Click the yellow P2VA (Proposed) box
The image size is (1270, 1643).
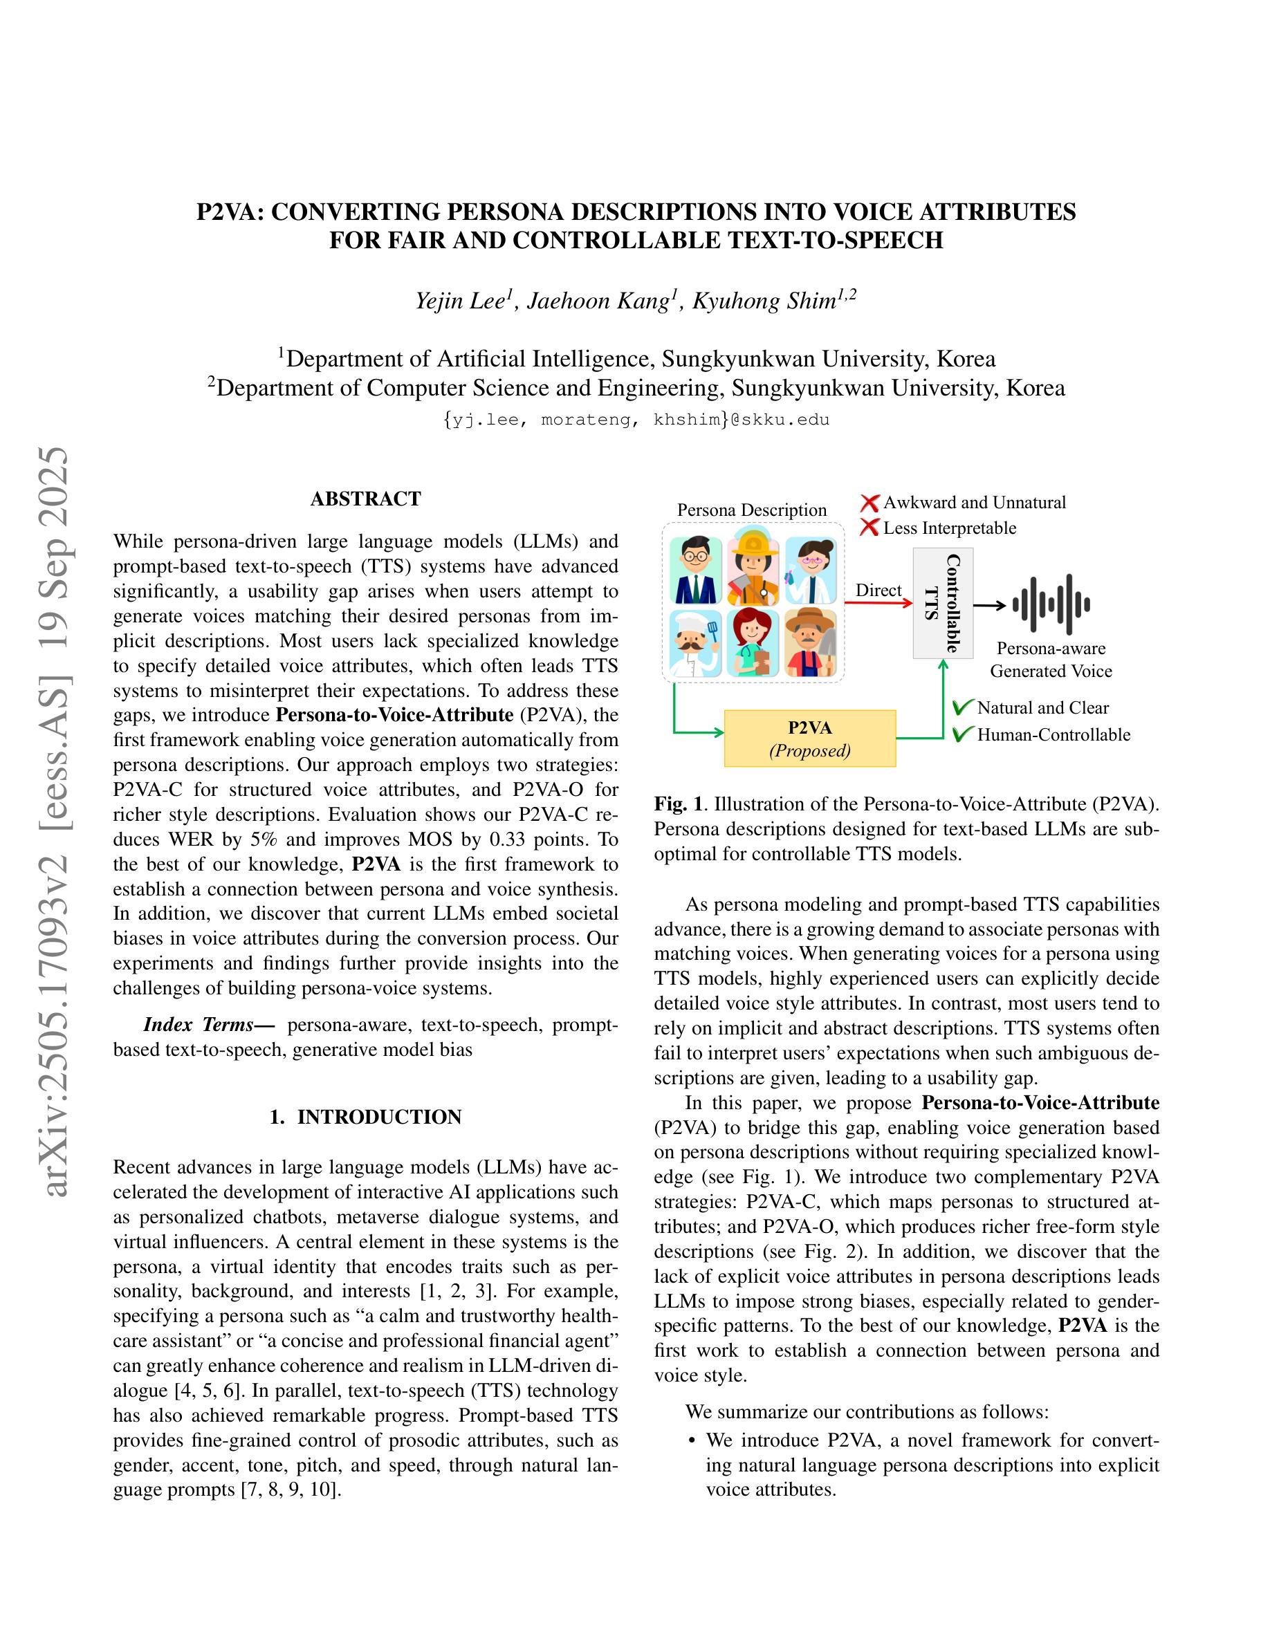click(x=809, y=738)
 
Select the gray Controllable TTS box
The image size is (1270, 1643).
click(x=943, y=602)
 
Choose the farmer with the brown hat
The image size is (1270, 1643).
click(x=810, y=642)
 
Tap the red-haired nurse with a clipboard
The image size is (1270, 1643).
click(x=753, y=642)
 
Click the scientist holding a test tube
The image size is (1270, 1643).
click(x=810, y=570)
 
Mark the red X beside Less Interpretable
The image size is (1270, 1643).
click(x=869, y=528)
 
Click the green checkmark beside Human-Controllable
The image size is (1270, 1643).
click(x=962, y=734)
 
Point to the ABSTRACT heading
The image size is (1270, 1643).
click(x=366, y=499)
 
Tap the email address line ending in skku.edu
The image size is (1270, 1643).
click(x=636, y=420)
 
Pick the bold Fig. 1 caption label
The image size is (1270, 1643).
click(x=679, y=804)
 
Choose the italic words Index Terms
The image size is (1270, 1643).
click(x=198, y=1025)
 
